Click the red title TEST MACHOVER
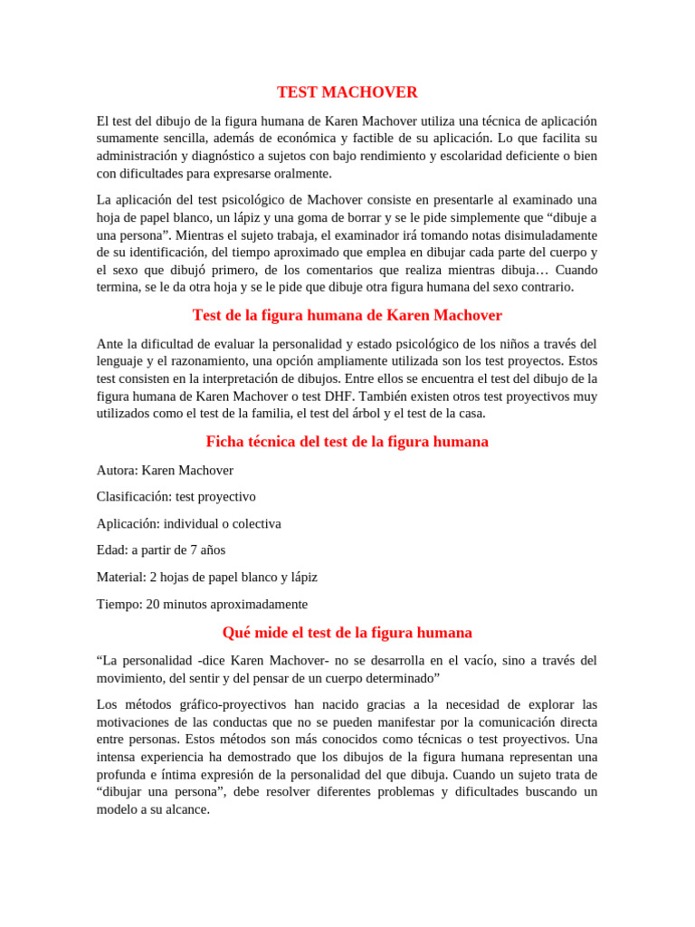tap(347, 92)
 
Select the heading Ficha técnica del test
tap(347, 442)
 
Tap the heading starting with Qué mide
tap(347, 633)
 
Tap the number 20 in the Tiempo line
tap(151, 604)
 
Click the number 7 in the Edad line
tap(185, 550)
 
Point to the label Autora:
tap(118, 470)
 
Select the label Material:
tap(121, 577)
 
